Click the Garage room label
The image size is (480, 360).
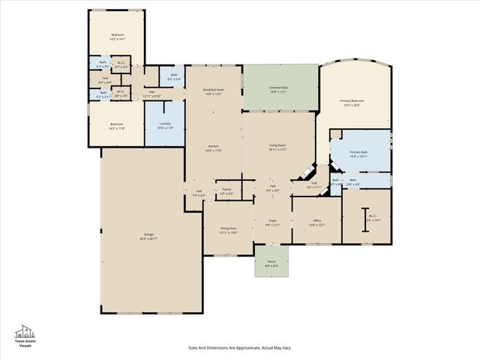148,236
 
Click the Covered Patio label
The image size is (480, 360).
280,89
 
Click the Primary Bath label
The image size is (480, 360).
358,154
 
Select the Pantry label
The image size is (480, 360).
226,191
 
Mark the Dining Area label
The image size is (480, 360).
229,230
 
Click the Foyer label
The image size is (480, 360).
273,223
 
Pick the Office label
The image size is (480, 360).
316,223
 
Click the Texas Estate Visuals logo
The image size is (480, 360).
25,334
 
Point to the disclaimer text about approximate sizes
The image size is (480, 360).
240,347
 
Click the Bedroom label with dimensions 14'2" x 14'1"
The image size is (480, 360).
118,37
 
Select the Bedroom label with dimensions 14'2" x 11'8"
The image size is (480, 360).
117,126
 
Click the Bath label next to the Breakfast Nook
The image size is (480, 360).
174,76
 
